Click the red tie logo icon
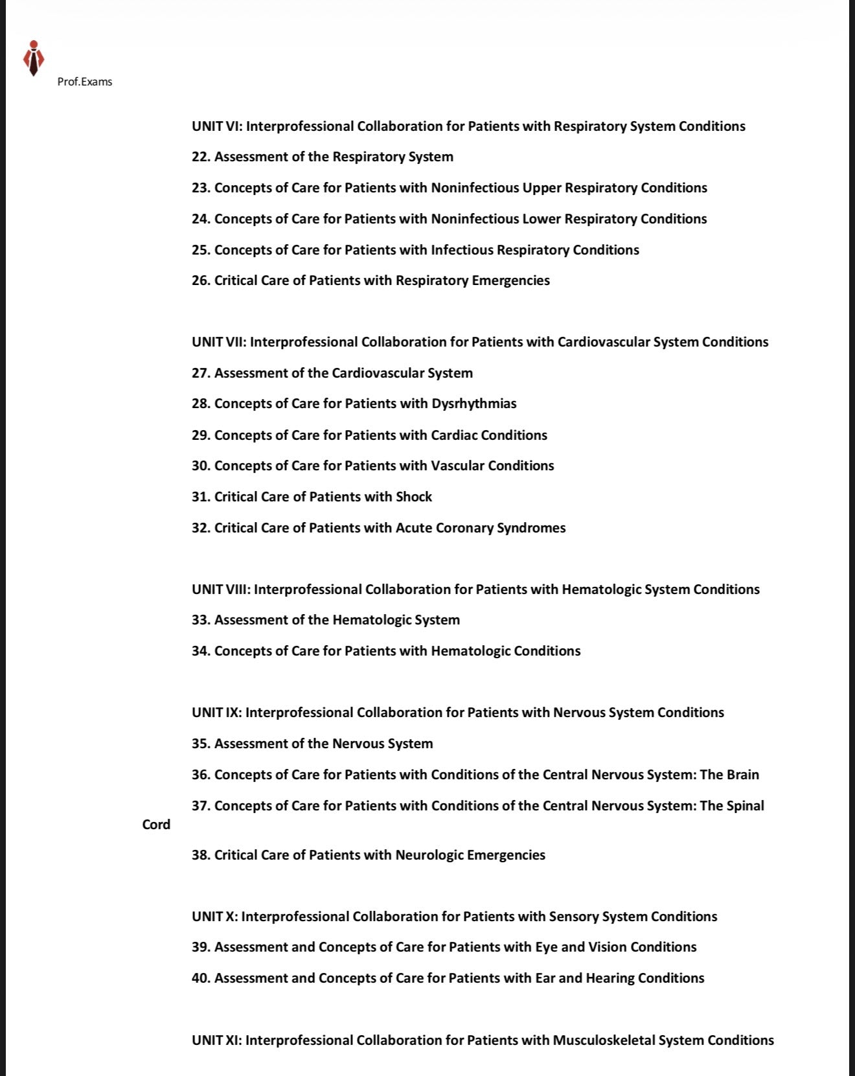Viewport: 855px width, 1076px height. (33, 58)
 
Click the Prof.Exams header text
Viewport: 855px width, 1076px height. (85, 82)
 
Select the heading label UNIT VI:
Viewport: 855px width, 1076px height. (217, 126)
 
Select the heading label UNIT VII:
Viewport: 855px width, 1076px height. (219, 342)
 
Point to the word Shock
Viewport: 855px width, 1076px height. (414, 497)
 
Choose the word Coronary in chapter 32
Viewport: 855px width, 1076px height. (464, 528)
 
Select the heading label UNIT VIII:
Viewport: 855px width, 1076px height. (221, 590)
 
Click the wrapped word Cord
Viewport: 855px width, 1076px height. (156, 825)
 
